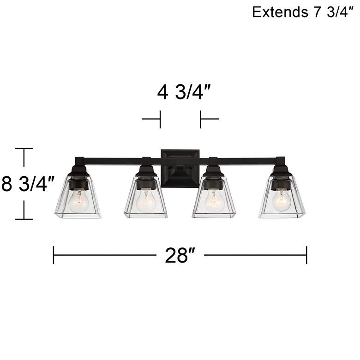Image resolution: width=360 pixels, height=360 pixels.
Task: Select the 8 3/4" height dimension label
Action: click(x=28, y=184)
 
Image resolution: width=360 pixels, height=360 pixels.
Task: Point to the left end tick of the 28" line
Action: click(x=54, y=255)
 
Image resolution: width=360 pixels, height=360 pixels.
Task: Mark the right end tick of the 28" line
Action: click(x=306, y=255)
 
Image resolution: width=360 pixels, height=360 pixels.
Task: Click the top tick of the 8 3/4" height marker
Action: click(x=24, y=149)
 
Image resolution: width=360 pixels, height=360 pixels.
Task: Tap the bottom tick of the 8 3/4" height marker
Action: click(x=24, y=219)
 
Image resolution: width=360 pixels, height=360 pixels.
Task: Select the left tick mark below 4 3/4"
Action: click(x=160, y=119)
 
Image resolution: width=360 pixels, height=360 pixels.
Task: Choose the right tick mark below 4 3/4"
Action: click(x=201, y=119)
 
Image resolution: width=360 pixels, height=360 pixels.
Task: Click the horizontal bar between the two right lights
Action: click(x=245, y=161)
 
